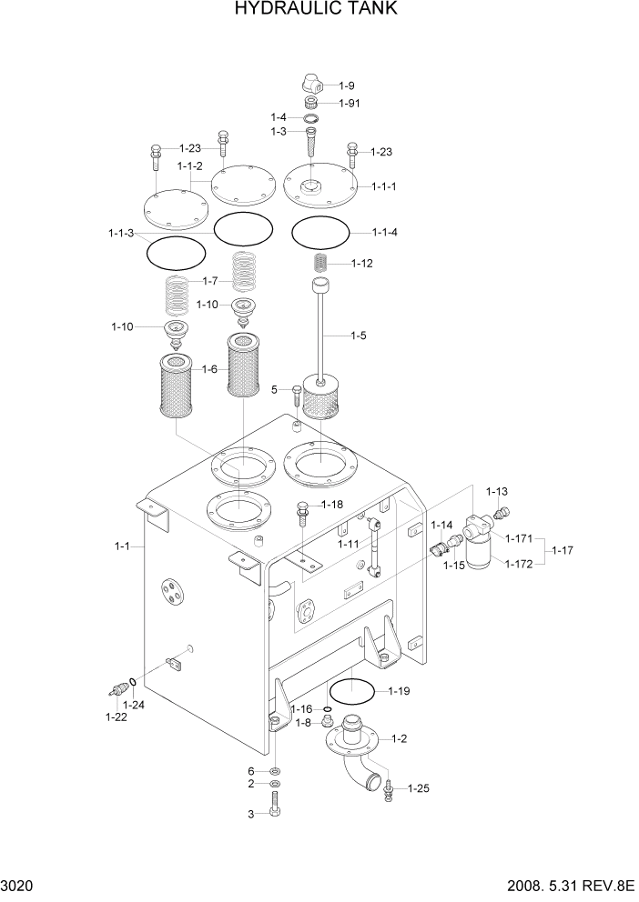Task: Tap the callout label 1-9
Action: pos(347,85)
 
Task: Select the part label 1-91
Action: pos(350,103)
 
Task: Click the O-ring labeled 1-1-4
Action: pos(320,234)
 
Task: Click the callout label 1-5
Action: pos(359,336)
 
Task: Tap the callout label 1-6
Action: pos(209,369)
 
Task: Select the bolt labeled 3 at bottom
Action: pos(275,805)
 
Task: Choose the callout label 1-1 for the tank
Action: pos(123,546)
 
